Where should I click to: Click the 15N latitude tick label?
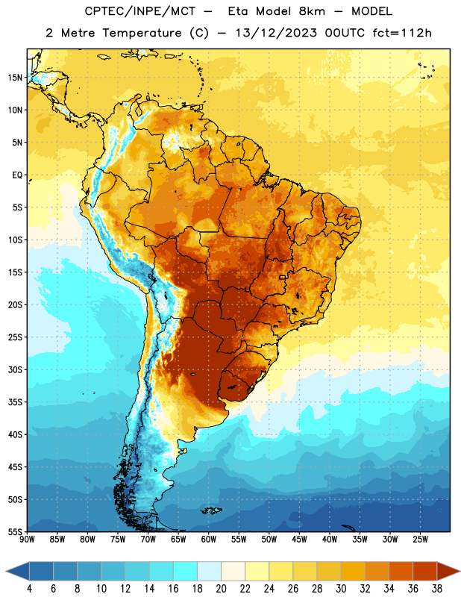point(15,78)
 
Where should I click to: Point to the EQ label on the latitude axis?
point(17,175)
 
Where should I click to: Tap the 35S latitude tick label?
point(15,402)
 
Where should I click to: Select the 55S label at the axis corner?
point(15,531)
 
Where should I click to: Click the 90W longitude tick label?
point(27,540)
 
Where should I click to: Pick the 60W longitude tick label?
point(209,540)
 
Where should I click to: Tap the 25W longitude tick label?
point(420,540)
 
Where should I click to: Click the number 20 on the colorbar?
point(221,589)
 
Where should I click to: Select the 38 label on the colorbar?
point(437,589)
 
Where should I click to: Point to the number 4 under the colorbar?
point(29,589)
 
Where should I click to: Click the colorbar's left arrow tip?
point(6,572)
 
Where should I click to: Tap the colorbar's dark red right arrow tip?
point(460,572)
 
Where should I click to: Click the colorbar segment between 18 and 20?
point(209,572)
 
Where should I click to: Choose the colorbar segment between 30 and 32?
point(353,572)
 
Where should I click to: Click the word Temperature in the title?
point(142,33)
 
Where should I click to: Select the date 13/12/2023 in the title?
point(276,33)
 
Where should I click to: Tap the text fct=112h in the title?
point(402,33)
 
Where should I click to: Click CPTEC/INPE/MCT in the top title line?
point(139,11)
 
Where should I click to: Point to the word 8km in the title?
point(312,11)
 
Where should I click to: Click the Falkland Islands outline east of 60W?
point(212,510)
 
